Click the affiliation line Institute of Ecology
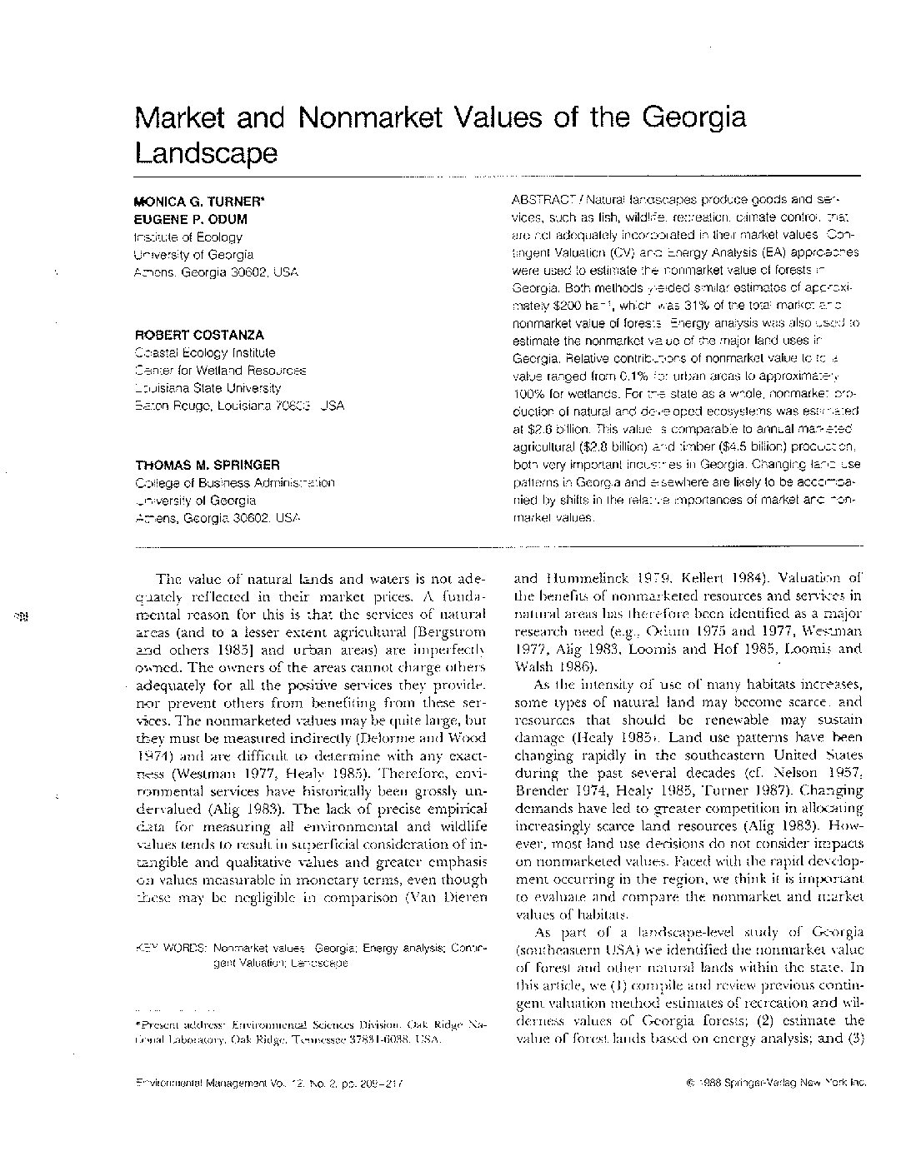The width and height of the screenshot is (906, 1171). [x=188, y=237]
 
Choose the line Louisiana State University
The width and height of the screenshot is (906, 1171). [x=208, y=388]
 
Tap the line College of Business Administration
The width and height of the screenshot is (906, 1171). [x=234, y=483]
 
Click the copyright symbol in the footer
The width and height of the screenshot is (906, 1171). [x=690, y=1083]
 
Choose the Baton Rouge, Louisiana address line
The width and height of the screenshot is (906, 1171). [x=238, y=406]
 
